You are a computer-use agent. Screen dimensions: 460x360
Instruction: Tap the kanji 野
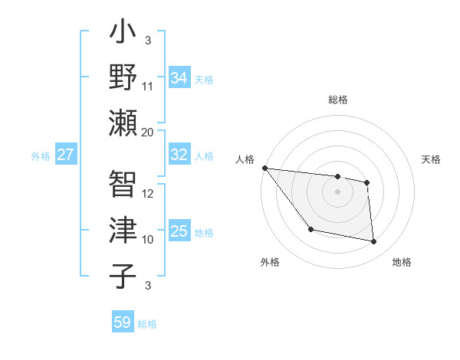tap(123, 78)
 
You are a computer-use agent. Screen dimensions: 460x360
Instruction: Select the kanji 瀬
tap(123, 123)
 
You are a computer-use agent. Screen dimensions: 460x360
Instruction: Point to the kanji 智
tap(123, 184)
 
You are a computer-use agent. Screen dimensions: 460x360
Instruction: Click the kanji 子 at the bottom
tap(123, 274)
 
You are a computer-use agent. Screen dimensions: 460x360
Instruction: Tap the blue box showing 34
tap(179, 77)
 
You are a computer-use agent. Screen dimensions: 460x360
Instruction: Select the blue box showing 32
tap(179, 155)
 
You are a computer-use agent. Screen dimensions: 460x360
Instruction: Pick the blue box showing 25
tap(179, 231)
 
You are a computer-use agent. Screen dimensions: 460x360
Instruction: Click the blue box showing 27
tap(65, 155)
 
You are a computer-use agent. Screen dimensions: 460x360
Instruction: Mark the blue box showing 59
tap(122, 322)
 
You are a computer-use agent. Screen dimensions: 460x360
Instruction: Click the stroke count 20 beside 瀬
tap(148, 132)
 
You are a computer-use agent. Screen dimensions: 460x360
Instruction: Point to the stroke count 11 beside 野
tap(148, 86)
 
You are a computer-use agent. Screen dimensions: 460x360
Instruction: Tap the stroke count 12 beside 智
tap(148, 193)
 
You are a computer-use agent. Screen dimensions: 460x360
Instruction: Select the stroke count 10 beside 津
tap(148, 239)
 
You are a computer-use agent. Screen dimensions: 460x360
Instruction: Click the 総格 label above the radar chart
tap(337, 100)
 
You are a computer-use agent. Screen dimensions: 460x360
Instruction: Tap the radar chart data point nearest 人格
tap(264, 168)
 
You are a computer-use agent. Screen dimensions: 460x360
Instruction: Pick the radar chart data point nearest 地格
tap(374, 242)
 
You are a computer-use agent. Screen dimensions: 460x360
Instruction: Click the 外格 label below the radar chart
tap(270, 263)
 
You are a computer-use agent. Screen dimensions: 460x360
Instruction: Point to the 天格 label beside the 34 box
tap(203, 79)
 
